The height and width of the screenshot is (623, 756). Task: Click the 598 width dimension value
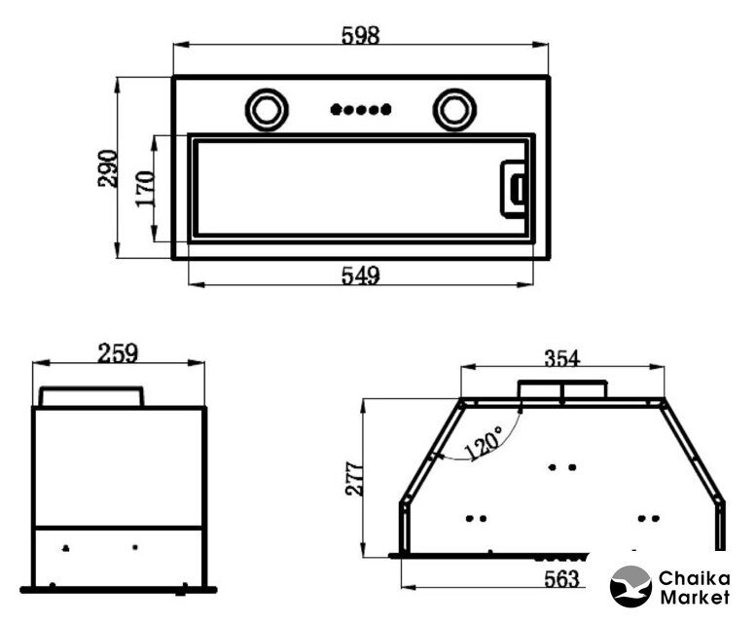[361, 35]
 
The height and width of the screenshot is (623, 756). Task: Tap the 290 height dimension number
[108, 168]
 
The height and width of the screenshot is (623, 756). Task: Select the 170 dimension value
[145, 190]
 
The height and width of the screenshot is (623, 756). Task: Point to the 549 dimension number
[361, 275]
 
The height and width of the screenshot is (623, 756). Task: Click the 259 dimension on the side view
[118, 353]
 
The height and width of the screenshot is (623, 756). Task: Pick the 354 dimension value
[562, 358]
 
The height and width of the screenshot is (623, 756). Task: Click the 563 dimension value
[561, 578]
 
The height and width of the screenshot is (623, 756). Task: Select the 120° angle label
[484, 443]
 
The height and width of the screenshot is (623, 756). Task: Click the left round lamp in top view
[267, 110]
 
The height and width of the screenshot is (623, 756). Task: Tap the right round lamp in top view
[454, 110]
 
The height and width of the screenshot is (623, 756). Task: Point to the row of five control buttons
[361, 110]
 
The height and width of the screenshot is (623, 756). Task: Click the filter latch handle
[513, 189]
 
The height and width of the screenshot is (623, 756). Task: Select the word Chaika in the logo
[695, 578]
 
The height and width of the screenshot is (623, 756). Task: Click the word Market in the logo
[695, 598]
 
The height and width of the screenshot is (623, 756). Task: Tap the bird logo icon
[630, 586]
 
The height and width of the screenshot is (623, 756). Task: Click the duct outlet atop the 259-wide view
[91, 396]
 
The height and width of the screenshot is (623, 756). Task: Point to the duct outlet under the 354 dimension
[562, 389]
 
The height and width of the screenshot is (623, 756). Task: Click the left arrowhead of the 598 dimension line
[181, 45]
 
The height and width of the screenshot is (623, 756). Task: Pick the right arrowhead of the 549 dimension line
[525, 284]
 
